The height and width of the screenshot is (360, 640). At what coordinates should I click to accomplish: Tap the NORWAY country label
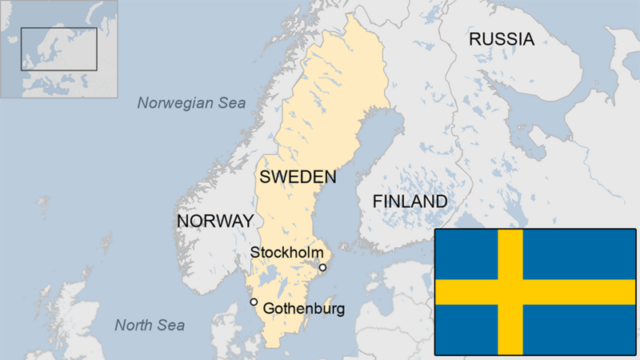tap(215, 221)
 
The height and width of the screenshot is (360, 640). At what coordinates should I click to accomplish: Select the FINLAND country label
tap(410, 202)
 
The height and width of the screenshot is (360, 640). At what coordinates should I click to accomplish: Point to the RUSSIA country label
tap(501, 38)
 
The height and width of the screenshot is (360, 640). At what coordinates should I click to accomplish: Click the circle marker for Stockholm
tap(322, 267)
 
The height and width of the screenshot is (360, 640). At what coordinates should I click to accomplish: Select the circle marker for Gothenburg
tap(254, 302)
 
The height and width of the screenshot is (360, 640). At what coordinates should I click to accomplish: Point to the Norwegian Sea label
tap(191, 102)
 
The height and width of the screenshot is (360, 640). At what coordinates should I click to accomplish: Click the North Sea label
tap(150, 325)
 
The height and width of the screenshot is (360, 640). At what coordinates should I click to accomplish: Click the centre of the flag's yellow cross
tap(510, 292)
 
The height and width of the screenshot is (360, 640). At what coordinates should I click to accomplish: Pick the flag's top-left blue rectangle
tap(466, 254)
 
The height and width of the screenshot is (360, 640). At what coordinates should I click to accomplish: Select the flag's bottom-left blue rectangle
tap(466, 329)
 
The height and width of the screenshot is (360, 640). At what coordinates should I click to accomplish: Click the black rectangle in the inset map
tap(58, 49)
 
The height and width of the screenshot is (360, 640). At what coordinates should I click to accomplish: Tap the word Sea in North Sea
tap(170, 325)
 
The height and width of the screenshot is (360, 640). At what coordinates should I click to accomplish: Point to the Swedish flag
tap(534, 292)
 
